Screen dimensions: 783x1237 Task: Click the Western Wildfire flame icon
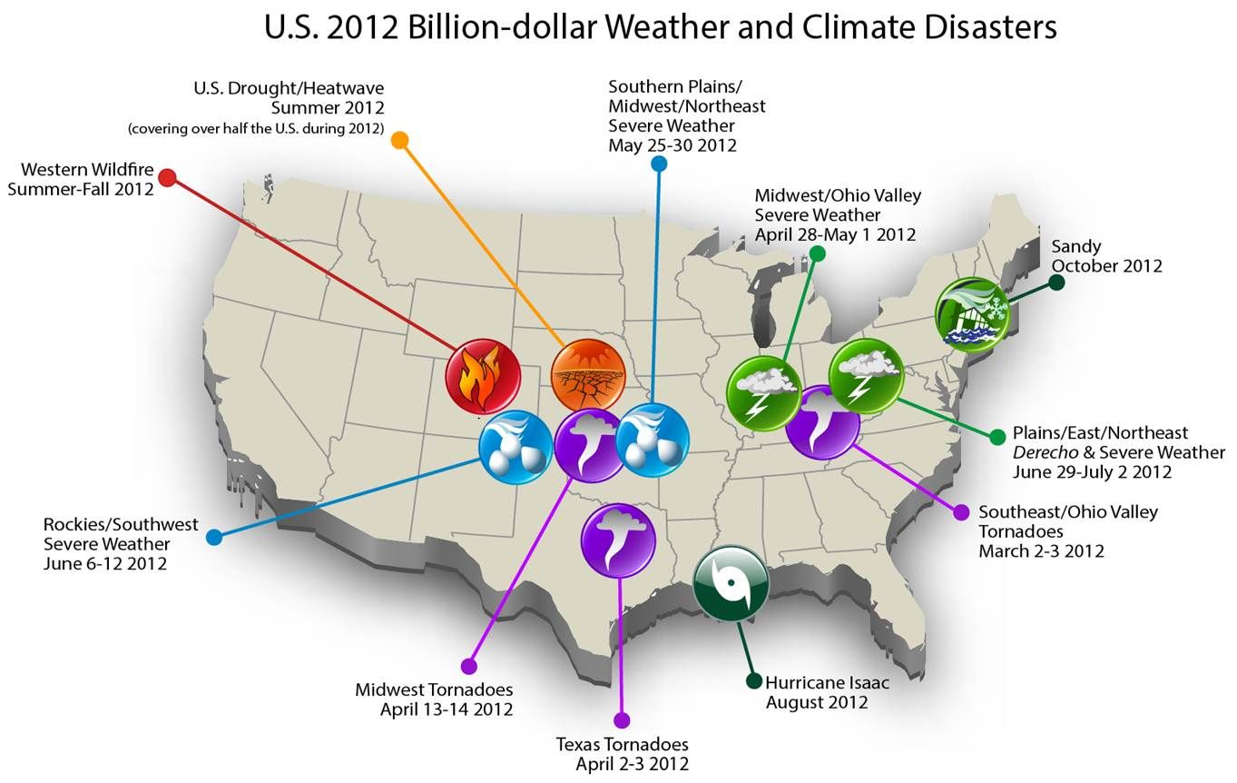483,376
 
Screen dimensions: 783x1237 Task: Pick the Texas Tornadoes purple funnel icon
618,540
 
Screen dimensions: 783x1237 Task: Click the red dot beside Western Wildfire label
167,177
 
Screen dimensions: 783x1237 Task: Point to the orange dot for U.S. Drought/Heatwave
399,140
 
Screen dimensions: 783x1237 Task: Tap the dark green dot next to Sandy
1056,282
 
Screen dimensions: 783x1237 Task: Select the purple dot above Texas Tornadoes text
622,720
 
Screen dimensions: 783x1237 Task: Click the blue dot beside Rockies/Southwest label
214,537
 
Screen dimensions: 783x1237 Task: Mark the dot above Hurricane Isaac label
753,681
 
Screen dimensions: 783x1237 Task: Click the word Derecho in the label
1044,452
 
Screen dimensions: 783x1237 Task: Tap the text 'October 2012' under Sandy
1106,266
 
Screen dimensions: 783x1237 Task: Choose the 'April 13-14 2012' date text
447,709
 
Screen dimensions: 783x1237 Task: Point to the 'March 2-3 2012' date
1041,550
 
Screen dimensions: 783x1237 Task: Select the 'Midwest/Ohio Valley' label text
838,195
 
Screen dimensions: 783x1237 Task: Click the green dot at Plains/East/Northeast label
997,435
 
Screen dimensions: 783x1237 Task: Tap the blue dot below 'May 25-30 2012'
660,164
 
